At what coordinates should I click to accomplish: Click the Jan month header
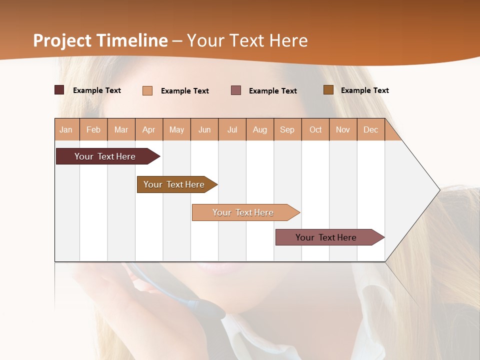[x=66, y=129]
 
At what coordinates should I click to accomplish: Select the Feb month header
[x=93, y=129]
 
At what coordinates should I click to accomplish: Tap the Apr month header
[x=149, y=129]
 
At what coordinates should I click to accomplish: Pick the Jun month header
[x=204, y=129]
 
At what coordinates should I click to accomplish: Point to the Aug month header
[x=260, y=129]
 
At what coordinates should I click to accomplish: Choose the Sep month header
[x=287, y=129]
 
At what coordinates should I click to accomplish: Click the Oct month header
[x=315, y=129]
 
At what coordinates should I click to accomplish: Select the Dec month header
[x=371, y=129]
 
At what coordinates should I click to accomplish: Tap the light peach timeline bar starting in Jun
[x=243, y=212]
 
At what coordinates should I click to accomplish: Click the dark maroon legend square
[x=59, y=90]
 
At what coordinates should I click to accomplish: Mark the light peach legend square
[x=147, y=90]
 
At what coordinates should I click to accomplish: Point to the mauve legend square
[x=236, y=90]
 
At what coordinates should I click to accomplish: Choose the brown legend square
[x=328, y=90]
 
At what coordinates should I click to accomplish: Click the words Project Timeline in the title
[x=100, y=40]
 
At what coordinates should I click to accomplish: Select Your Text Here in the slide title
[x=247, y=40]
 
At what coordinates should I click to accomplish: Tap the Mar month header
[x=121, y=129]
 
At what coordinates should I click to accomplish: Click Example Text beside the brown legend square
[x=365, y=90]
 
